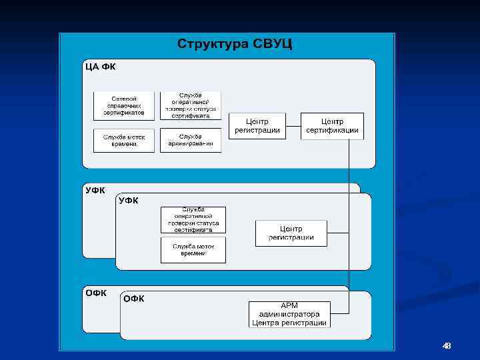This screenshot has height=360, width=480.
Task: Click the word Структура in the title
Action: [213, 45]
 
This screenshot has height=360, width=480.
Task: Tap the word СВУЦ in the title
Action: [273, 45]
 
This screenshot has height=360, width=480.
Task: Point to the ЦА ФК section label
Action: [99, 67]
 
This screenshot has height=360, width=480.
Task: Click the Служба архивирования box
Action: [191, 140]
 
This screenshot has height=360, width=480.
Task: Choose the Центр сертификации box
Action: [333, 126]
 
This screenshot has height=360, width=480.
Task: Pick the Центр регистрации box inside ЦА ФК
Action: [257, 126]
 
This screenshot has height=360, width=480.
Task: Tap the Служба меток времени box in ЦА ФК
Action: [124, 140]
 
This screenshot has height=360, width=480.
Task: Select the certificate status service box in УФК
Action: [193, 220]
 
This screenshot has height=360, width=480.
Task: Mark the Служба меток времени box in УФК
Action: [193, 250]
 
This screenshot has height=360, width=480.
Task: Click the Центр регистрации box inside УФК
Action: [291, 233]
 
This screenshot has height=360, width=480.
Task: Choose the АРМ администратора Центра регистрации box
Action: [290, 314]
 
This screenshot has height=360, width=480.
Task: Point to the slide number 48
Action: [447, 345]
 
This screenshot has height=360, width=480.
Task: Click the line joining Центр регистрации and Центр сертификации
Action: [293, 126]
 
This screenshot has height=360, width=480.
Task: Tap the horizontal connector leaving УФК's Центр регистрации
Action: [338, 233]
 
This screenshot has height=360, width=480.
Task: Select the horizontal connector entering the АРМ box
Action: [340, 313]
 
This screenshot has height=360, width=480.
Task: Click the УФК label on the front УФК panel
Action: [129, 201]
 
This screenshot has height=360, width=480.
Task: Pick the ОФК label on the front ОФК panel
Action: [134, 299]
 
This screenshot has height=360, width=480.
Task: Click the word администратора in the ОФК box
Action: [290, 314]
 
